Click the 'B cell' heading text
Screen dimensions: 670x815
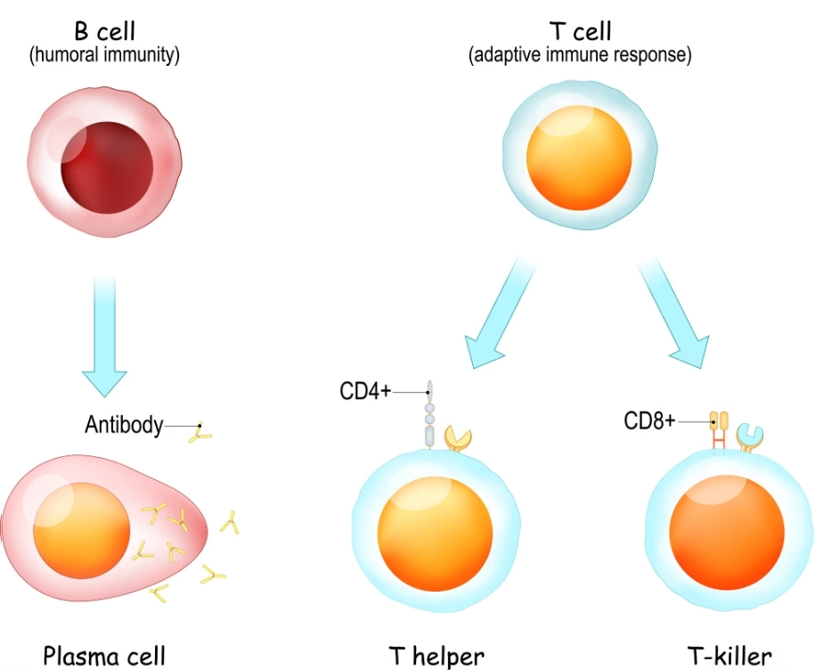104,33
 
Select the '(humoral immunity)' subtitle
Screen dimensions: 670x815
104,55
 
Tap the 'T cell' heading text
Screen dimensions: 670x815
581,33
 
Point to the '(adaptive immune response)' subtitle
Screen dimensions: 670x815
581,55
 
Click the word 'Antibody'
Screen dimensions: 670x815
123,426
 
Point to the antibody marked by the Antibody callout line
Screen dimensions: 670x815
203,432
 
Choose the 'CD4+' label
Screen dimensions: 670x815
365,392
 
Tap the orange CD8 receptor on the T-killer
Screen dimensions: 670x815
718,429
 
